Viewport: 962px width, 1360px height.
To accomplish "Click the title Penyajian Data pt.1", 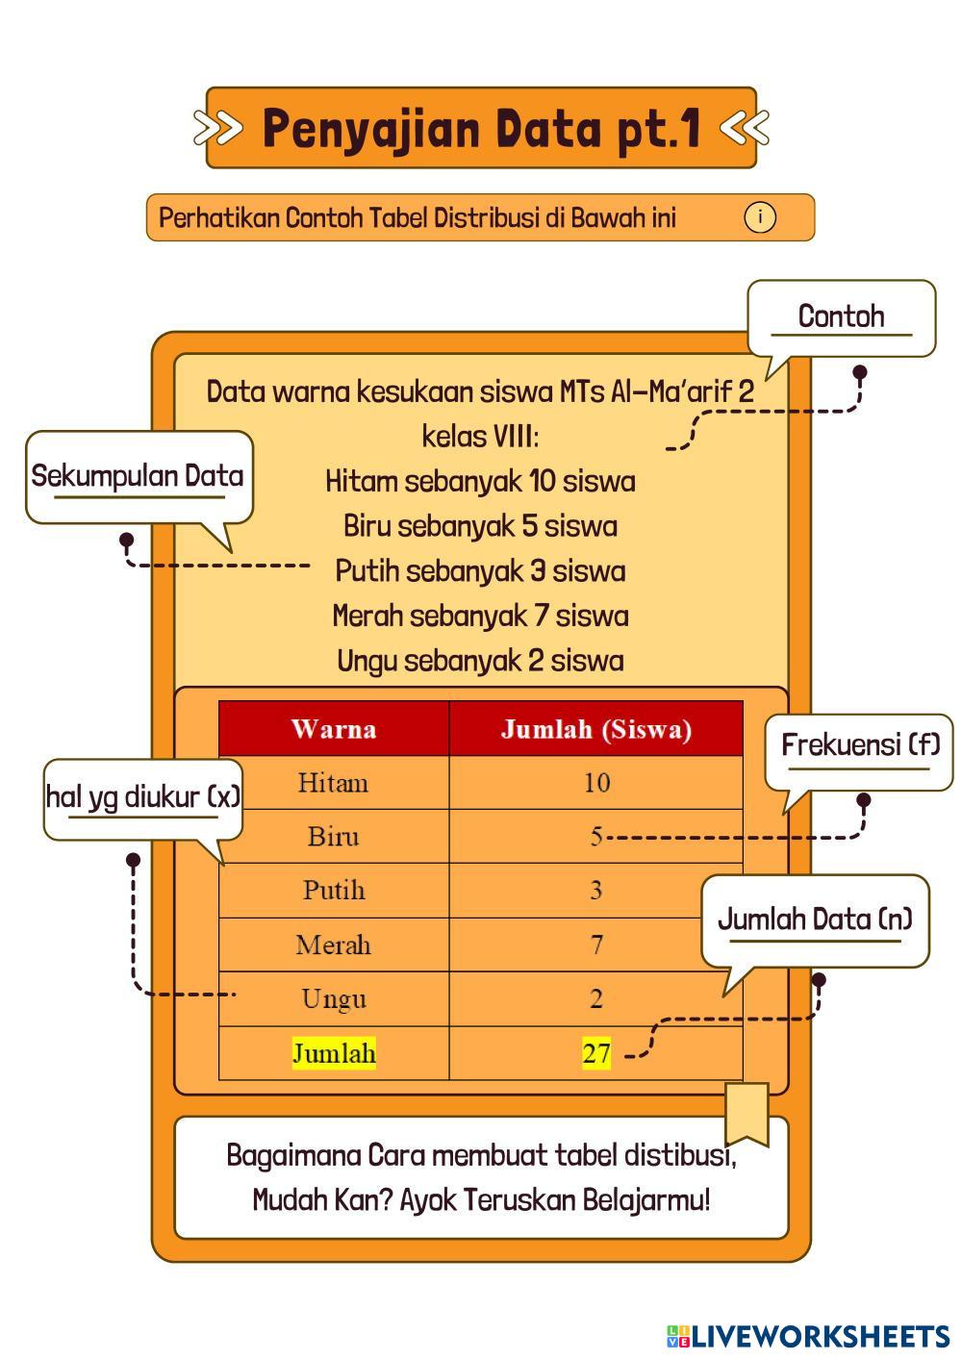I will pos(481,128).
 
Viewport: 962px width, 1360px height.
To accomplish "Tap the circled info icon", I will pos(759,217).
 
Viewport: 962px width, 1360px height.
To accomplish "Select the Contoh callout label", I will pos(841,316).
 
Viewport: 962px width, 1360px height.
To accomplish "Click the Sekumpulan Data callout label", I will pos(138,476).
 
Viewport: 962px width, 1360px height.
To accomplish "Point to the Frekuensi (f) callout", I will pos(859,745).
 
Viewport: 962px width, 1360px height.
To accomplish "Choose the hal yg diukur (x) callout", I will pos(142,796).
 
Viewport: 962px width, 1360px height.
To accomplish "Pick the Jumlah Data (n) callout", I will pos(815,919).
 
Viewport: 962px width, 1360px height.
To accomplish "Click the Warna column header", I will pos(333,729).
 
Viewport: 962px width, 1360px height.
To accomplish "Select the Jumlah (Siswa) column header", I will pos(595,729).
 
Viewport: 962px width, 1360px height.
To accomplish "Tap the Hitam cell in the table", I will pos(333,783).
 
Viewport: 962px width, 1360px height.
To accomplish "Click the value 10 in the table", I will pos(596,783).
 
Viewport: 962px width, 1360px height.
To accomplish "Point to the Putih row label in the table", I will pos(334,890).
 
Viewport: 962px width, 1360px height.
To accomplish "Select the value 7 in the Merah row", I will pos(596,944).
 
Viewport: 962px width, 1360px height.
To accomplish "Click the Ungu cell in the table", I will pos(334,998).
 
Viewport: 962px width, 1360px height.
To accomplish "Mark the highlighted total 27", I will pos(596,1053).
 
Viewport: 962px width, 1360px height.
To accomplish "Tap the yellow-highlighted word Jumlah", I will pos(334,1053).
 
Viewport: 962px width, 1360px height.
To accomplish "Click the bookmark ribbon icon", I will pos(747,1114).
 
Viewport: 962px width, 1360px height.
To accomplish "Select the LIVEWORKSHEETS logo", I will pos(808,1336).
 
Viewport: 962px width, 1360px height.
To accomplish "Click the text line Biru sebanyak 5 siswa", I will pos(480,526).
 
